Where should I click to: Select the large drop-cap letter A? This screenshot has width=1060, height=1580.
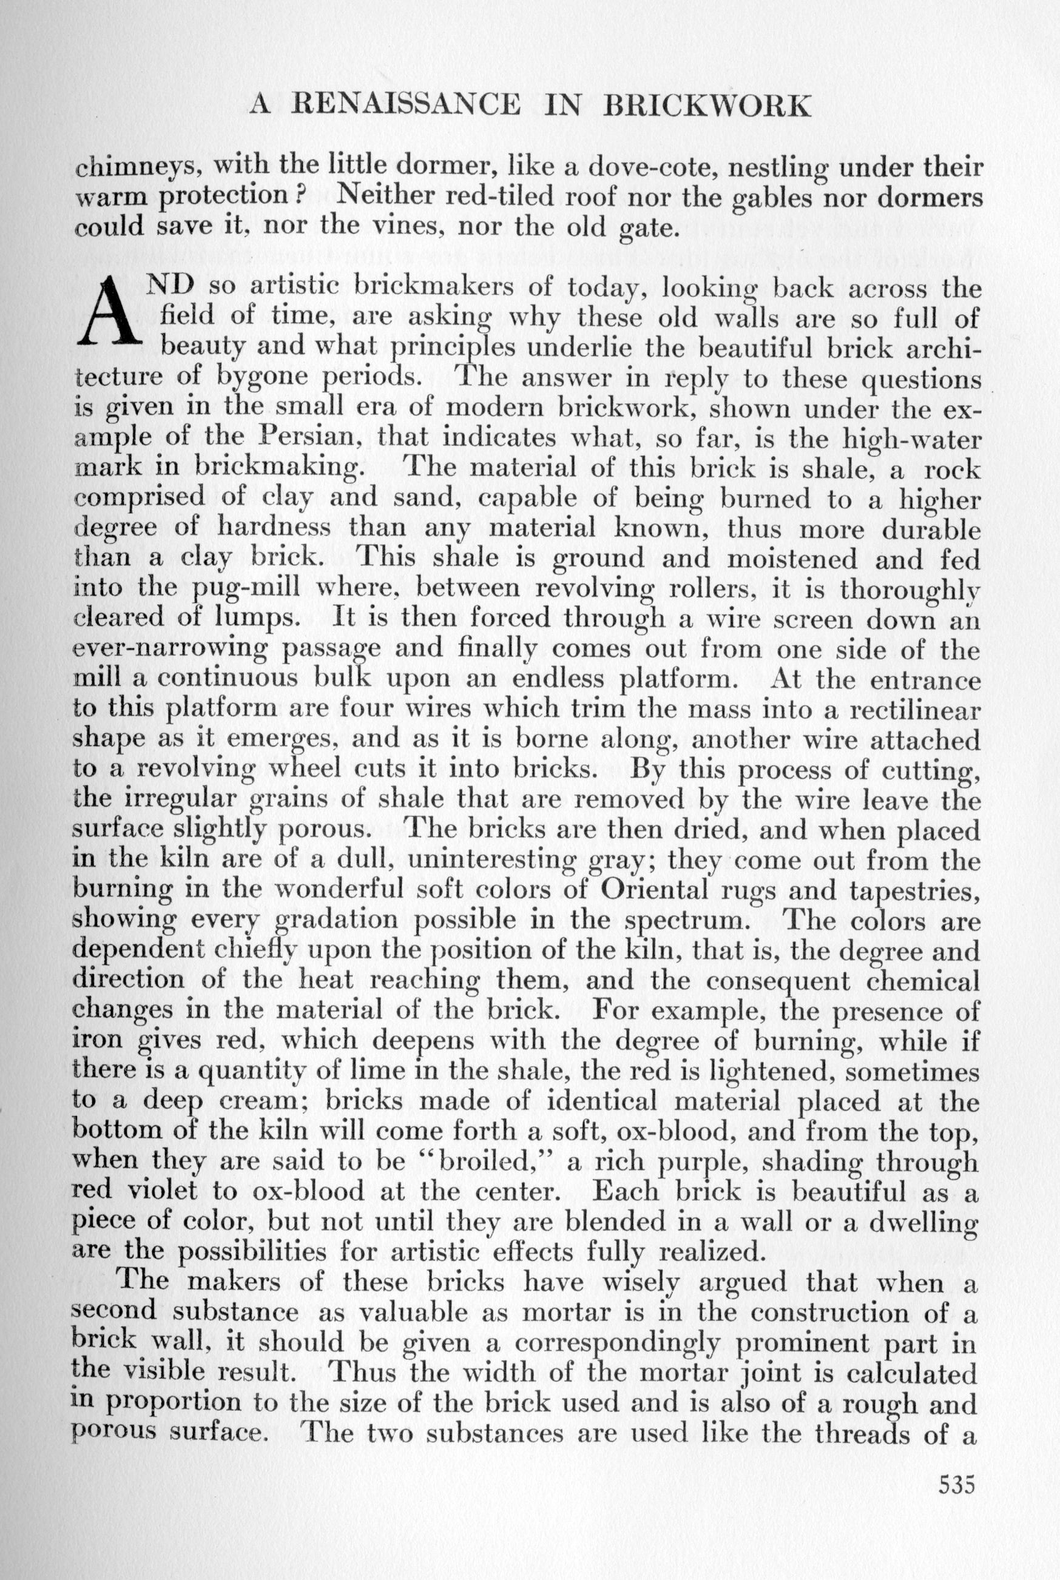[109, 313]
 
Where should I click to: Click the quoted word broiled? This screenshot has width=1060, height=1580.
[481, 1161]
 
